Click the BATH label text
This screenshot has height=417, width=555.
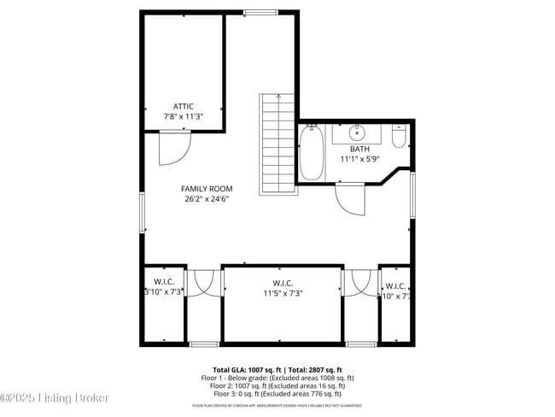click(359, 149)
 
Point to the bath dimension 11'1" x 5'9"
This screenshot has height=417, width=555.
click(359, 159)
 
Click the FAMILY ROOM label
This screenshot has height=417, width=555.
click(206, 189)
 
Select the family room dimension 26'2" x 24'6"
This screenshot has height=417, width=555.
click(206, 199)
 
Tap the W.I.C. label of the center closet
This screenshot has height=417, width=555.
click(283, 283)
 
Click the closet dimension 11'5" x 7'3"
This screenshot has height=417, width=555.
click(283, 293)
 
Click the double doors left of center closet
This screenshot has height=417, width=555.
click(203, 283)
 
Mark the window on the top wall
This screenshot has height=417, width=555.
click(260, 12)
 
